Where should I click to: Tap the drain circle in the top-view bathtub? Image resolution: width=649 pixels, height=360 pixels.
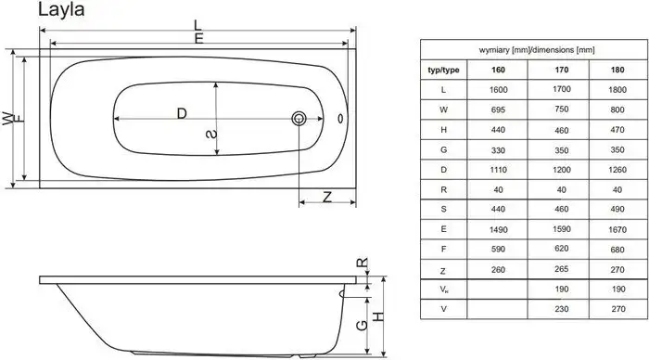[299, 119]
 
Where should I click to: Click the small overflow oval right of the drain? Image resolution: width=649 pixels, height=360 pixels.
[339, 119]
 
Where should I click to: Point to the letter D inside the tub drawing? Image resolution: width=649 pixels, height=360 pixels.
[181, 113]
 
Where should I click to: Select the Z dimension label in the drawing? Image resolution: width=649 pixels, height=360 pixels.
[326, 196]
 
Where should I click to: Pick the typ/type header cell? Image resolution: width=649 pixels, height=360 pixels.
[442, 70]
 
